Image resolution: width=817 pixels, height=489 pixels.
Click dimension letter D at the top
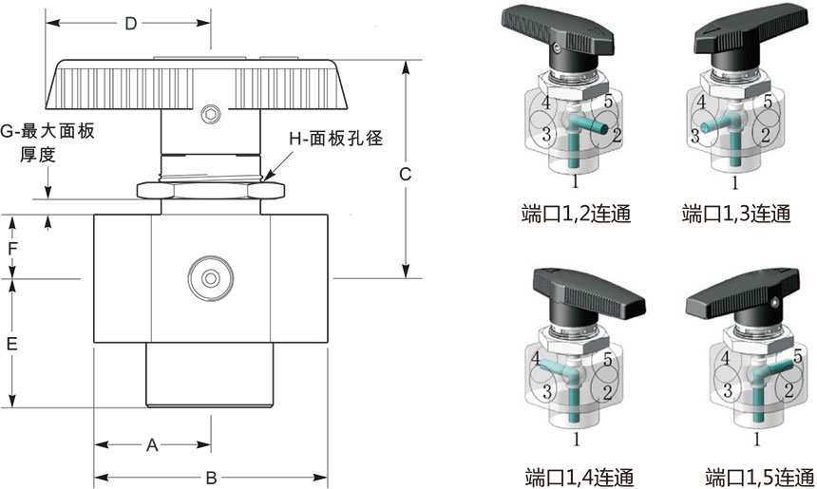(x=130, y=23)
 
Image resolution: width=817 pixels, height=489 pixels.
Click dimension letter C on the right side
(x=405, y=174)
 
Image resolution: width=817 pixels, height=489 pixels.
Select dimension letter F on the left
(x=12, y=250)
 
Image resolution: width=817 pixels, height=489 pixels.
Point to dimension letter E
(x=12, y=345)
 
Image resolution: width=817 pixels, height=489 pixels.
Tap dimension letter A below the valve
(x=151, y=444)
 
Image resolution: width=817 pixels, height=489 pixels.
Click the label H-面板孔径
(x=336, y=140)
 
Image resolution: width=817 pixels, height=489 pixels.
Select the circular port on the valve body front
(x=210, y=278)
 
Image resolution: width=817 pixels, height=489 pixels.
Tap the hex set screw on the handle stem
(x=210, y=114)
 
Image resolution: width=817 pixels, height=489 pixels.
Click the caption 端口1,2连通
(x=577, y=213)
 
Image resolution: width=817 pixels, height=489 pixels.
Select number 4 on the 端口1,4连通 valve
(x=538, y=360)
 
